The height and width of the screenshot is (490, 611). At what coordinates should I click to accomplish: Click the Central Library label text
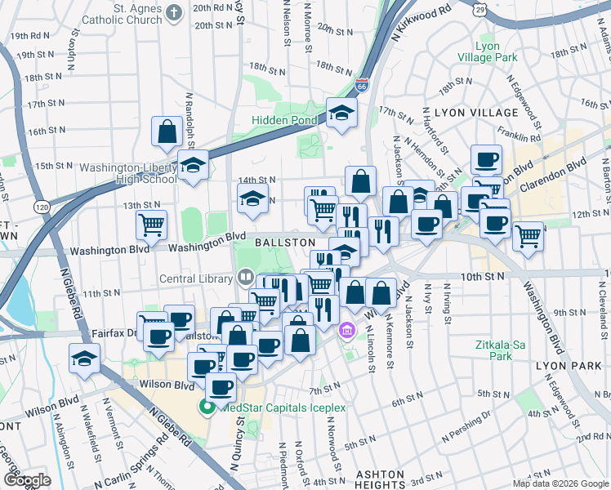click(197, 278)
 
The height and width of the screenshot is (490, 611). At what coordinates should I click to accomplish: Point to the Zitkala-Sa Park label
click(493, 350)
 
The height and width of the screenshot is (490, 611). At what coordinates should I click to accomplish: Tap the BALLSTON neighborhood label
click(285, 243)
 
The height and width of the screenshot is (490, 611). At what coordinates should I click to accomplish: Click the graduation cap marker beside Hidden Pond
click(341, 114)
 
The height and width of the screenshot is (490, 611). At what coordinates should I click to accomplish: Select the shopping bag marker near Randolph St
click(167, 132)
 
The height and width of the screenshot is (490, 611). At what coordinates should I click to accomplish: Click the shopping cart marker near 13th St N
click(151, 224)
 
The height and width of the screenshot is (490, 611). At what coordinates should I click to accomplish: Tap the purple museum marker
click(346, 331)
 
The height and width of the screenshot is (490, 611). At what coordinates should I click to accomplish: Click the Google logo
click(28, 480)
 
